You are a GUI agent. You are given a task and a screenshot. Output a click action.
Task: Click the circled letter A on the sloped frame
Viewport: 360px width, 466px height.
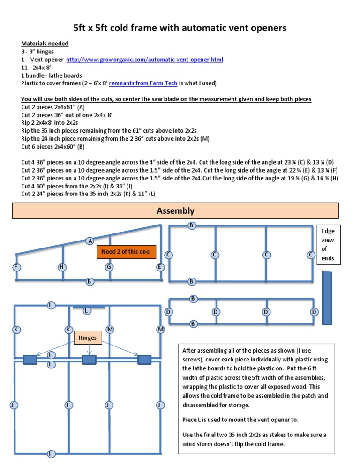pyautogui.click(x=90, y=241)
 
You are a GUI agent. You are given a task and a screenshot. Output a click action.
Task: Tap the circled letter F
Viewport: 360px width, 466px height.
pyautogui.click(x=16, y=267)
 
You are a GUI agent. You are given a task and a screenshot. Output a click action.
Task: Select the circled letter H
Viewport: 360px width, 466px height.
pyautogui.click(x=62, y=267)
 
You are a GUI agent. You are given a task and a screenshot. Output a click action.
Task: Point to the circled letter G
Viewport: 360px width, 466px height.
pyautogui.click(x=109, y=267)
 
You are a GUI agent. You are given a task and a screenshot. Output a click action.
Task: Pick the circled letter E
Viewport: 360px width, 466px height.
pyautogui.click(x=160, y=267)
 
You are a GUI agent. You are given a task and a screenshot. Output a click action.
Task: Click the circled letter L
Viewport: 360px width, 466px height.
pyautogui.click(x=86, y=311)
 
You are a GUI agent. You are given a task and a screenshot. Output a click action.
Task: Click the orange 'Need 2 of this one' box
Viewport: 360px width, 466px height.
pyautogui.click(x=126, y=252)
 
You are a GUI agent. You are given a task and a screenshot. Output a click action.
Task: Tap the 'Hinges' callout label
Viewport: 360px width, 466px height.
pyautogui.click(x=88, y=338)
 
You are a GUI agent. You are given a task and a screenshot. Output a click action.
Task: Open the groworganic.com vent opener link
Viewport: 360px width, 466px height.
pyautogui.click(x=144, y=60)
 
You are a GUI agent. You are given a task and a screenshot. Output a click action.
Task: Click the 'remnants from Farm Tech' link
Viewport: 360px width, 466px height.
pyautogui.click(x=143, y=83)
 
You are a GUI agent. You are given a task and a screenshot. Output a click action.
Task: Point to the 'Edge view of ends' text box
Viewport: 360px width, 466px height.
pyautogui.click(x=328, y=244)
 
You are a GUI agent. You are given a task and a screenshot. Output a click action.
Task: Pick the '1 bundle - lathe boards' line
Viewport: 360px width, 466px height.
pyautogui.click(x=52, y=75)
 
